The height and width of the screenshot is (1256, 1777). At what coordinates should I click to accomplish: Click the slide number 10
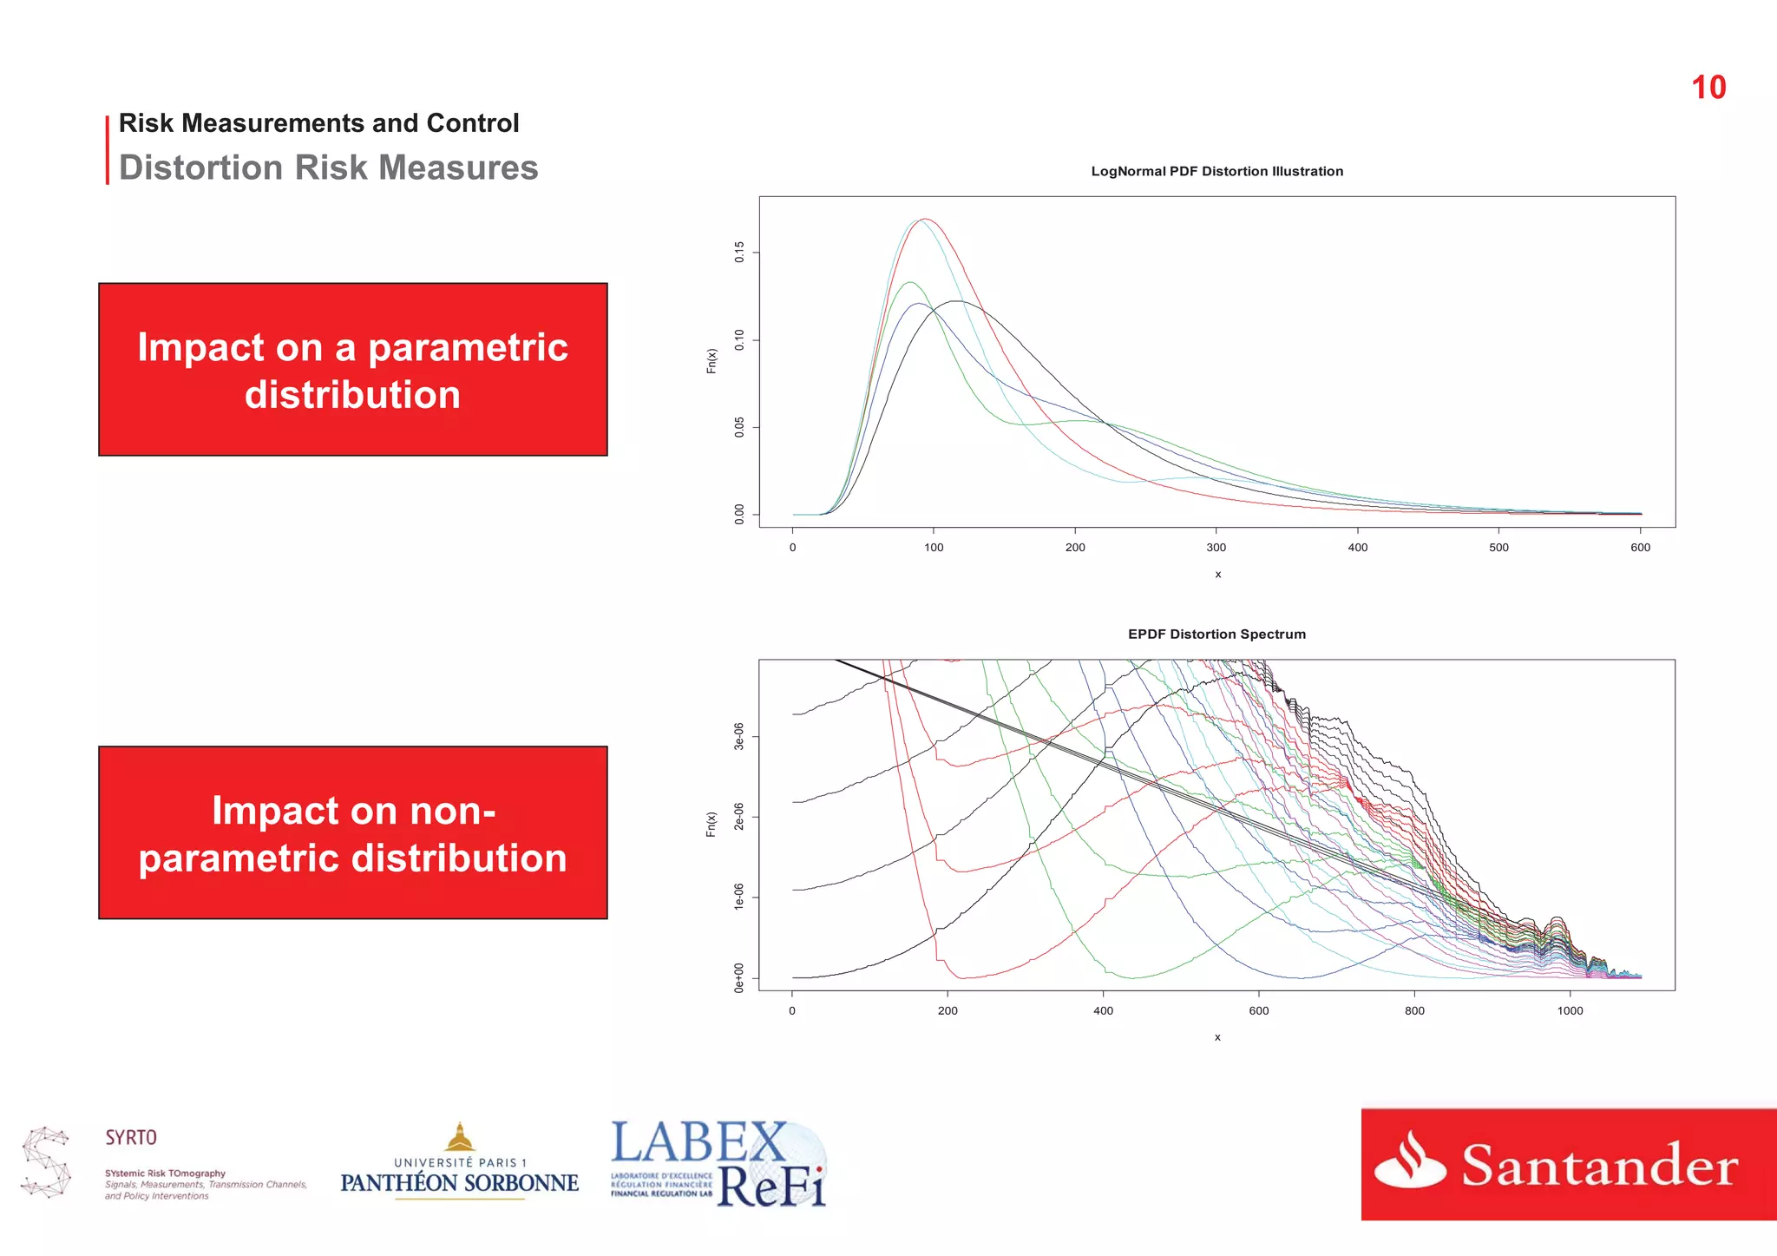coord(1708,88)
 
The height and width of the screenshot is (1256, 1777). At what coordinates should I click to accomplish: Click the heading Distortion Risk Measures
coord(328,168)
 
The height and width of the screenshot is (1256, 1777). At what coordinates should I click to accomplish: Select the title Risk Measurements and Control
coord(318,123)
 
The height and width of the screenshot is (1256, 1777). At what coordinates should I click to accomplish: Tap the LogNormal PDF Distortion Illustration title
coord(1216,171)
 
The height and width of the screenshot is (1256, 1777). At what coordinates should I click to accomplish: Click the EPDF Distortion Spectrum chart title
coord(1216,635)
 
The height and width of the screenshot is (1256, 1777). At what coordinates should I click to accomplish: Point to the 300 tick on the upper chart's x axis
coord(1216,548)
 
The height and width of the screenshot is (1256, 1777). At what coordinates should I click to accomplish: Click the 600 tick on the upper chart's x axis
coord(1640,548)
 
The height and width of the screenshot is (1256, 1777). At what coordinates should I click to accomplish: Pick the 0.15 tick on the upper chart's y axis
coord(739,253)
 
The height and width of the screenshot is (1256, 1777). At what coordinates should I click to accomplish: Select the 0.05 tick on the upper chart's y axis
coord(739,427)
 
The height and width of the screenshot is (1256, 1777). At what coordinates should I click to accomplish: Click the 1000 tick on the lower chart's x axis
coord(1570,1011)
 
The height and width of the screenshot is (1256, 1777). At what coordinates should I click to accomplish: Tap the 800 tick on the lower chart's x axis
coord(1414,1011)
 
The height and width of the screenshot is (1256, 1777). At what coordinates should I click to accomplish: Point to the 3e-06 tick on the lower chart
coord(739,736)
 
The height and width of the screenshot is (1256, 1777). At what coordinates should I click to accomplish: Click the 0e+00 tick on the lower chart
coord(739,977)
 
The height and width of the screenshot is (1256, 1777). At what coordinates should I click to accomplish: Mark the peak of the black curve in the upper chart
coord(955,301)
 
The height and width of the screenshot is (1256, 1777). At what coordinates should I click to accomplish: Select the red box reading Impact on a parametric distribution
coord(352,370)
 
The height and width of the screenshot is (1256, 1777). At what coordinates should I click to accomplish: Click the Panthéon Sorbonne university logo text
coord(459,1182)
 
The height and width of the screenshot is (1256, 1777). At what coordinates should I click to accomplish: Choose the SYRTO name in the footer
coord(131,1137)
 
